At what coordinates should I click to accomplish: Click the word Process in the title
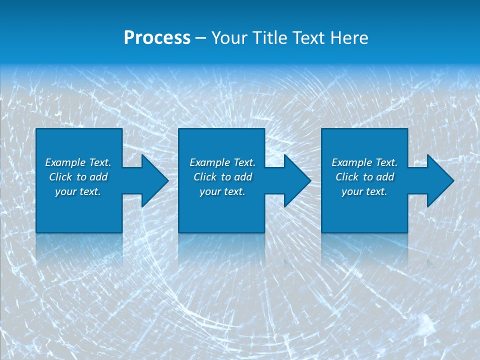coord(157,38)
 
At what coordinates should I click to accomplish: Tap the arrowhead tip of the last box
coord(453,180)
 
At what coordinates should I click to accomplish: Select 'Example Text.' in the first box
coord(78,162)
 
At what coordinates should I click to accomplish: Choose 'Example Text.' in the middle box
coord(222,162)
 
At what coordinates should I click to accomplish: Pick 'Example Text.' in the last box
coord(364,162)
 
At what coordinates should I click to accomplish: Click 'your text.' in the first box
coord(78,191)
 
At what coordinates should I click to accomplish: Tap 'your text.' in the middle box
coord(222,191)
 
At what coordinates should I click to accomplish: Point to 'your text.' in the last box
coord(364,191)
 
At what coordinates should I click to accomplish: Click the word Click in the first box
coord(61,177)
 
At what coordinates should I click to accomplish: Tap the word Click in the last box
coord(347,177)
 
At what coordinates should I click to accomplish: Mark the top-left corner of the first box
coord(36,129)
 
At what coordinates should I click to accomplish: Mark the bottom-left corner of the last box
coord(322,232)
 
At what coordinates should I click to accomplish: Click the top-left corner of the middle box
coord(179,129)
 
